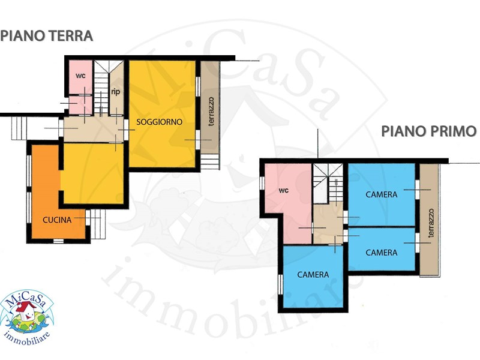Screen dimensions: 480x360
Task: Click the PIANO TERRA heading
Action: (x=47, y=36)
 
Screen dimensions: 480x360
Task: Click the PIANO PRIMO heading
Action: (x=428, y=131)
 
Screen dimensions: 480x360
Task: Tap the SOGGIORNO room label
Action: (x=159, y=122)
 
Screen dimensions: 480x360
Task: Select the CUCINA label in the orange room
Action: (x=57, y=220)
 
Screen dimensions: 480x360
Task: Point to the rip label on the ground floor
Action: (x=115, y=92)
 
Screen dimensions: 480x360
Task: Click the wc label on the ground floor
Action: (x=80, y=76)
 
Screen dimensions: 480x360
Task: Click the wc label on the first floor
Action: (x=283, y=190)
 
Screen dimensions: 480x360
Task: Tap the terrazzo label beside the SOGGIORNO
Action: (x=211, y=112)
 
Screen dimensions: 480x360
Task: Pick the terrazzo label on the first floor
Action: (x=431, y=223)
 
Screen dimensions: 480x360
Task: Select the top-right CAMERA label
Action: (x=382, y=194)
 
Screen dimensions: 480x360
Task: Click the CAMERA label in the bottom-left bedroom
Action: (x=313, y=275)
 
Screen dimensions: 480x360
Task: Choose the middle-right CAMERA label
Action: (x=382, y=253)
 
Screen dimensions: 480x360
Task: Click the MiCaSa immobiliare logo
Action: (x=26, y=317)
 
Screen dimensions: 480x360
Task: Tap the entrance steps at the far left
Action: (x=19, y=128)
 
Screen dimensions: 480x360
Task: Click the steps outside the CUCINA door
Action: (x=98, y=224)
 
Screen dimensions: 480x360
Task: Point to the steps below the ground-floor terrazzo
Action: (x=210, y=161)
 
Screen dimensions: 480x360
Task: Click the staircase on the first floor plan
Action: (x=327, y=183)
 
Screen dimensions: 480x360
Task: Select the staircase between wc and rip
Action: (x=101, y=87)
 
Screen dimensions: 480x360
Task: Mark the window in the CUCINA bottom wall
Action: (x=58, y=241)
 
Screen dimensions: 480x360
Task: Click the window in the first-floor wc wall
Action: (x=262, y=183)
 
